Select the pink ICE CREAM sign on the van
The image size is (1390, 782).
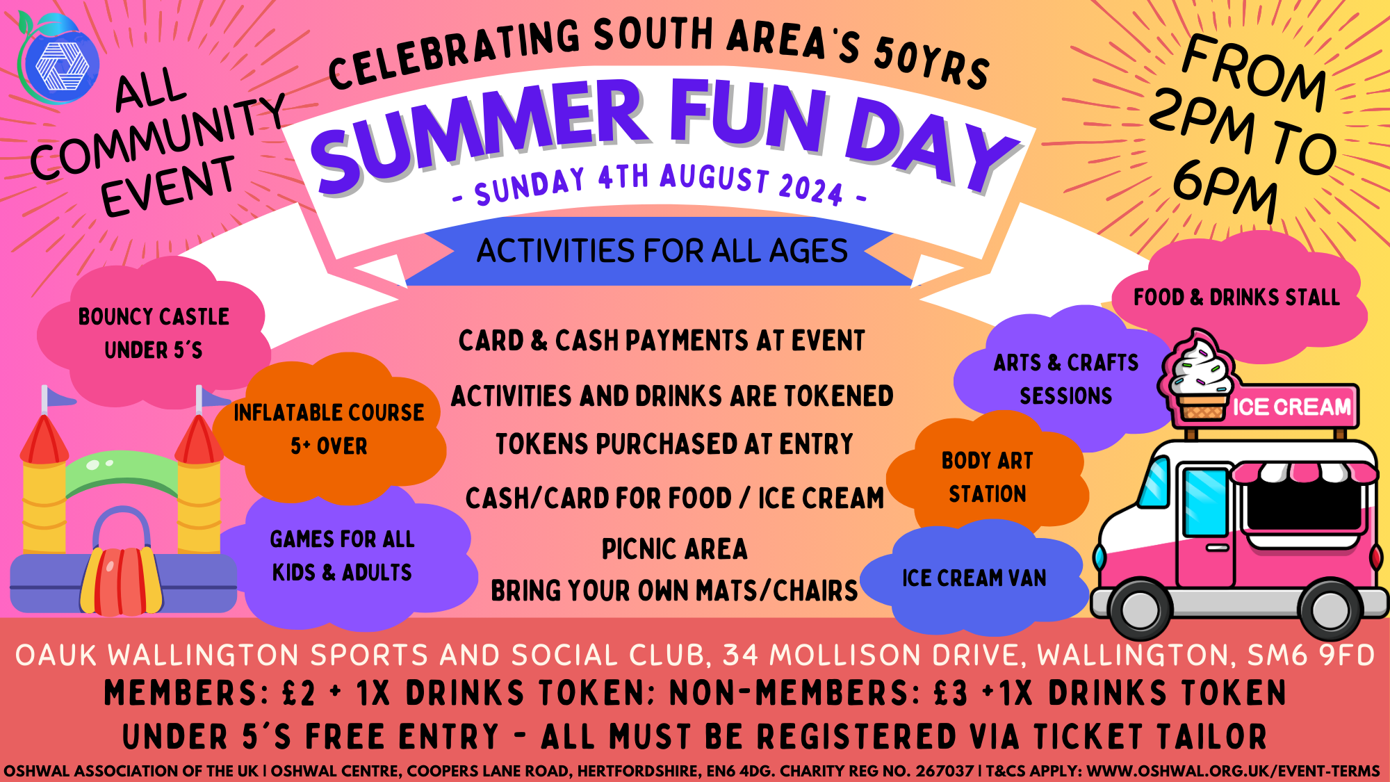pos(1291,406)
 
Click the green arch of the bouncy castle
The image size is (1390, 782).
pos(122,473)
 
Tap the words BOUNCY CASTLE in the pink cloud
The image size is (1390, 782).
pos(154,317)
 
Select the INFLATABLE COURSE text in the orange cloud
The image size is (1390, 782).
pos(329,413)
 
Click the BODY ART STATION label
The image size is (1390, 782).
pos(988,477)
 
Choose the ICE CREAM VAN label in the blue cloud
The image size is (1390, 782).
pos(974,578)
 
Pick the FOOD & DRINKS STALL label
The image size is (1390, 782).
pos(1237,298)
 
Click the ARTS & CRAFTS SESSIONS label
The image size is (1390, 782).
pos(1066,379)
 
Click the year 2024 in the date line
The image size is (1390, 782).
pos(811,187)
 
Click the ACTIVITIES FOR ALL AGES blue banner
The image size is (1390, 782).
pos(662,251)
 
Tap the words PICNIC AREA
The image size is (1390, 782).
pos(675,549)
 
